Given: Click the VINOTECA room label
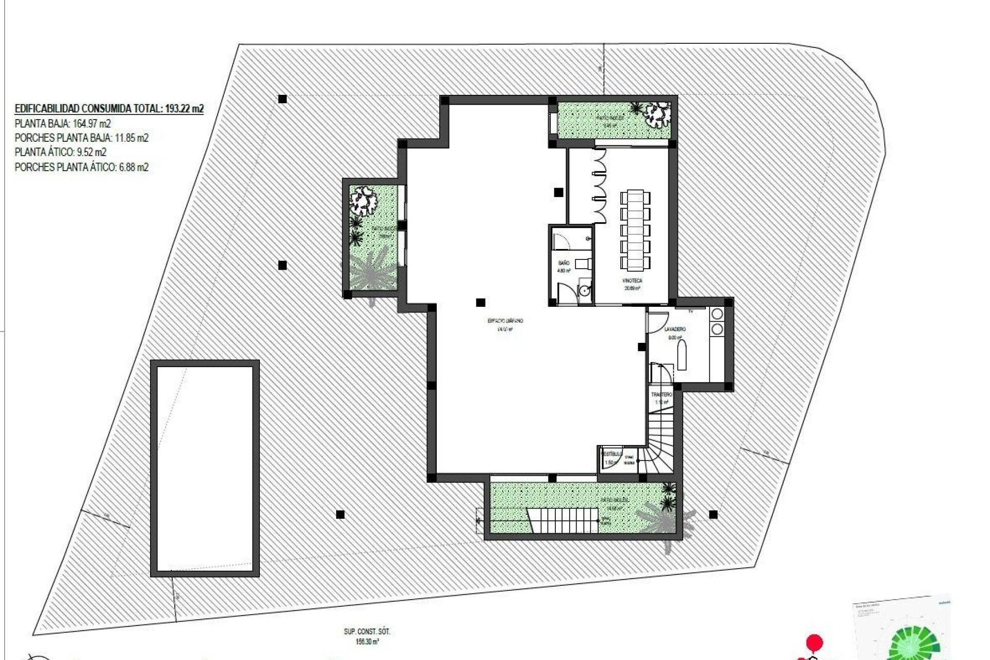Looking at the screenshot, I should [632, 280].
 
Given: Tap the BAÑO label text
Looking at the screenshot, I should [564, 263].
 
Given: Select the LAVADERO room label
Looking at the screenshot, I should [675, 329].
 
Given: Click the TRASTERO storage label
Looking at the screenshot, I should [662, 394].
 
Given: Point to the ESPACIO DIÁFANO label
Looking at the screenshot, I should [505, 321].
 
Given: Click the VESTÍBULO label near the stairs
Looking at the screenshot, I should [612, 454].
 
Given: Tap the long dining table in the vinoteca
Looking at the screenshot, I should [636, 230].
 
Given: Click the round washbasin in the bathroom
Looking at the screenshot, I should [584, 291].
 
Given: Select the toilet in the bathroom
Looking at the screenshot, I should [582, 263].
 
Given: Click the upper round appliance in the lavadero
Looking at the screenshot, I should [717, 314].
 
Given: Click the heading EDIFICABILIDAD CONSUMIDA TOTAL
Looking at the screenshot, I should [109, 109].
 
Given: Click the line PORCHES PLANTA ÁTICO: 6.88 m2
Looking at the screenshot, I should [81, 167].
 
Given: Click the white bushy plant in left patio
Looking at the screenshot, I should [364, 200].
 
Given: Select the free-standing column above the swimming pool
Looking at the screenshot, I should [282, 266].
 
